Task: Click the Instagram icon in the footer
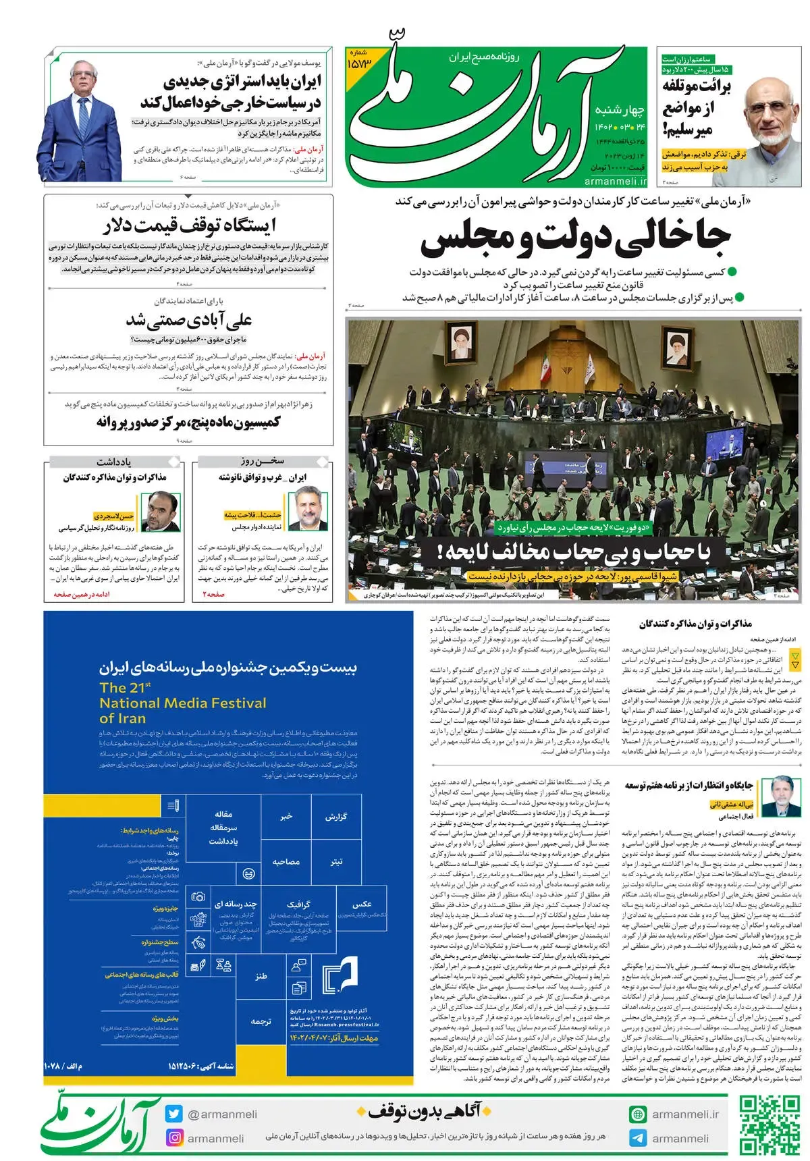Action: click(x=175, y=1137)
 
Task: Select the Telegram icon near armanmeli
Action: click(x=637, y=1138)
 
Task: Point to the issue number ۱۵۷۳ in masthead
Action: click(x=359, y=63)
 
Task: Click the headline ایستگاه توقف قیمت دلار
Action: click(x=189, y=225)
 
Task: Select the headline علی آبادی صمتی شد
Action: click(x=189, y=319)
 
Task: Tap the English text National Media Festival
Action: click(x=183, y=703)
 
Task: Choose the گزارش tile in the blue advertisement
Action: click(x=335, y=816)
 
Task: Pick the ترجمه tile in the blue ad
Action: click(x=261, y=1021)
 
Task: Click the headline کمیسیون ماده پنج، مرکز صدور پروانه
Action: click(x=188, y=422)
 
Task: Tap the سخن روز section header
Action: click(x=263, y=461)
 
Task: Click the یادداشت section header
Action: click(x=114, y=462)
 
